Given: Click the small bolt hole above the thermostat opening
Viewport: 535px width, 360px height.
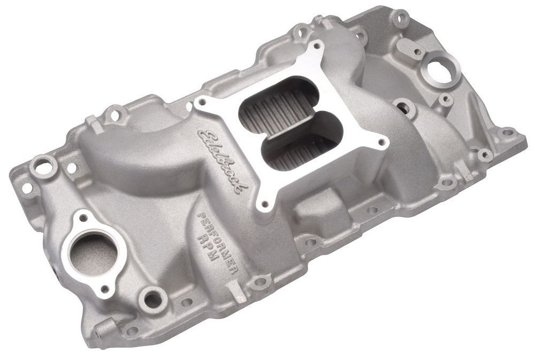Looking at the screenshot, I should tap(81, 218).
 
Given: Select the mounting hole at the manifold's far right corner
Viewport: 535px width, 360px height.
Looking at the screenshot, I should tap(506, 132).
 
